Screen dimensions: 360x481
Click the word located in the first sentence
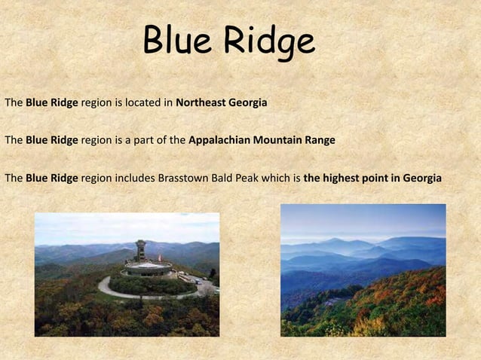(145, 102)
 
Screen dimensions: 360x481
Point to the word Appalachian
(218, 140)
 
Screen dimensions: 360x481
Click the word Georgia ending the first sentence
(250, 102)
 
